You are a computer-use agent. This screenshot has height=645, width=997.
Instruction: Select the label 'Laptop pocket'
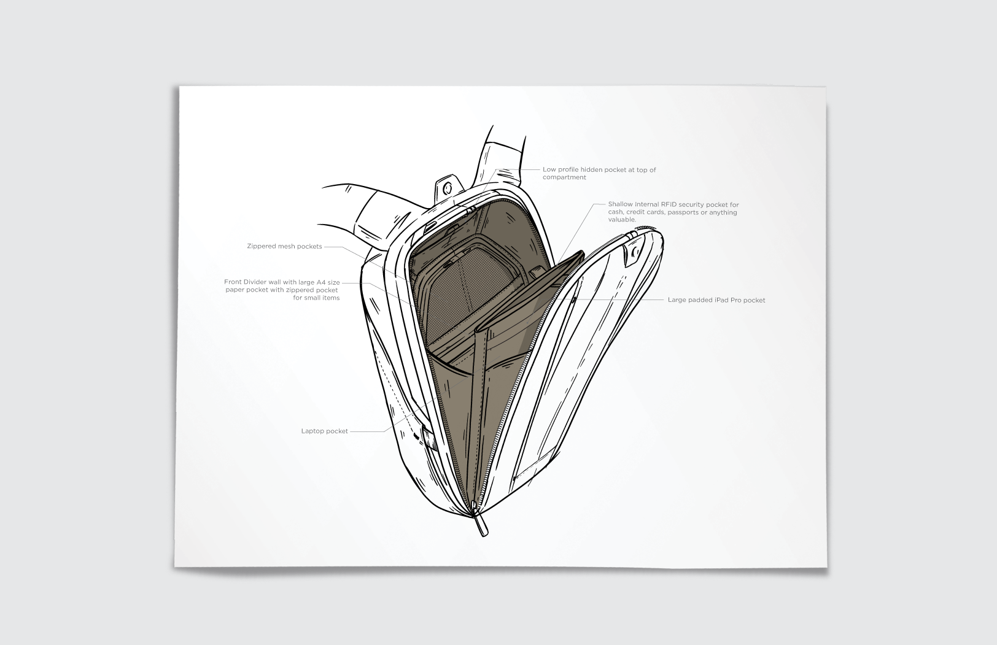[324, 431]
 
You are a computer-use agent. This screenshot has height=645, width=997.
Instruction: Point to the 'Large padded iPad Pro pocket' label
[716, 300]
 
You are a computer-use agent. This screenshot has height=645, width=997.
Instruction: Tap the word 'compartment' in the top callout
[564, 177]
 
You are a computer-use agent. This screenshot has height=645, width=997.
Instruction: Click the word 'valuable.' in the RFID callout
[622, 220]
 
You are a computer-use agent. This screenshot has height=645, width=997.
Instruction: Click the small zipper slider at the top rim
[471, 210]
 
